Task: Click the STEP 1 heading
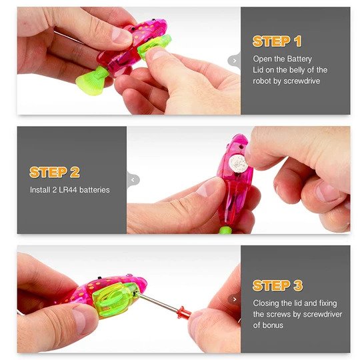(277, 41)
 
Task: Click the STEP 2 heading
(55, 172)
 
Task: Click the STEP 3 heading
(277, 285)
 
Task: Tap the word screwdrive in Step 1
(302, 81)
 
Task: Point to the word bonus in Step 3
(273, 325)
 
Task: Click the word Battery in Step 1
(299, 59)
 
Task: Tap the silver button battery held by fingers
(239, 163)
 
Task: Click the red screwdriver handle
(184, 313)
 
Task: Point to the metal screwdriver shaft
(157, 302)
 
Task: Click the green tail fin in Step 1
(92, 81)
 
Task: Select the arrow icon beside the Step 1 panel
(234, 61)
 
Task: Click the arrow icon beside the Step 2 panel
(133, 180)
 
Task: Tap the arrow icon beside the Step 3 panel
(234, 299)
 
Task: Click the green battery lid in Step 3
(113, 299)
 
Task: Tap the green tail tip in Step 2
(225, 230)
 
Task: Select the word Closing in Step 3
(266, 303)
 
